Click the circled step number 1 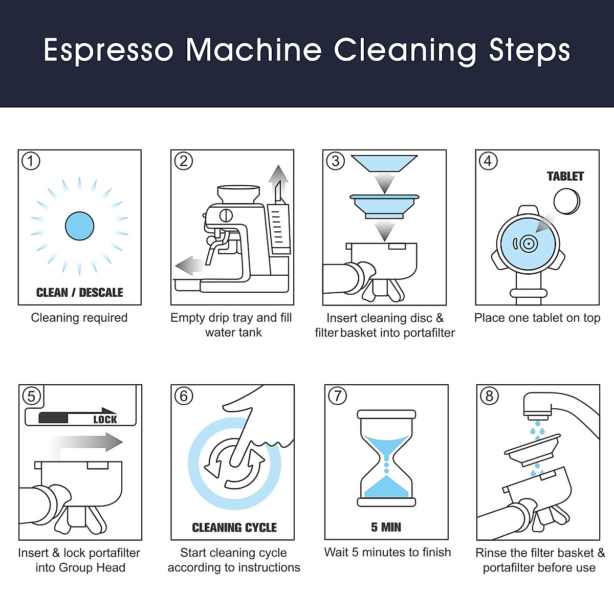(x=31, y=161)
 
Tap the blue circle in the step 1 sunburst (x=79, y=226)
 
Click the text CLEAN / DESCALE (x=79, y=293)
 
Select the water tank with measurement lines (x=279, y=228)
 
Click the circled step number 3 (x=336, y=161)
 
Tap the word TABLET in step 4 (x=565, y=177)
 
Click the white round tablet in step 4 (x=567, y=201)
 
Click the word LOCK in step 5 (x=105, y=420)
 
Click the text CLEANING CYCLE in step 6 (x=234, y=528)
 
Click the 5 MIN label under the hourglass (x=386, y=527)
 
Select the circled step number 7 (x=337, y=396)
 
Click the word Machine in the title (x=254, y=50)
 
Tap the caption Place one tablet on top (x=537, y=318)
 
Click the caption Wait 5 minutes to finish (x=387, y=552)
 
